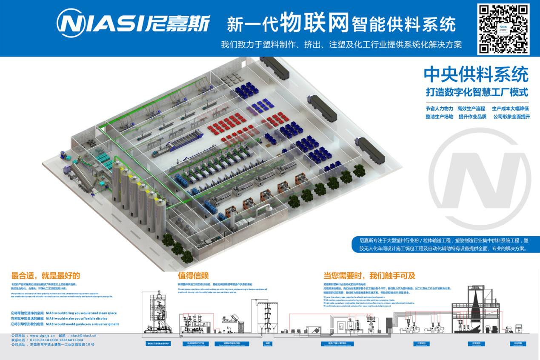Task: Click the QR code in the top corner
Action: [503, 29]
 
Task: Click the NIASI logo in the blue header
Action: [133, 23]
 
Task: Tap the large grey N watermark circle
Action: [480, 179]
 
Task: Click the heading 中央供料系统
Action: [476, 75]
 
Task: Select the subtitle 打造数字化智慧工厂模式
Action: [477, 92]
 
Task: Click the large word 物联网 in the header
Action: [314, 22]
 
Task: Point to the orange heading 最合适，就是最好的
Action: [46, 276]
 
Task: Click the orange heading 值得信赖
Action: [193, 276]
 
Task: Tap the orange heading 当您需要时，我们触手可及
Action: [369, 276]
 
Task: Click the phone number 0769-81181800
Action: [43, 340]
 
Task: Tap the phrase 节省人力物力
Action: [439, 109]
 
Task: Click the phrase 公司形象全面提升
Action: [511, 117]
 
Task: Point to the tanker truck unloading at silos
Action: [79, 174]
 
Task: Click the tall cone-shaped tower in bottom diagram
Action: [476, 305]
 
